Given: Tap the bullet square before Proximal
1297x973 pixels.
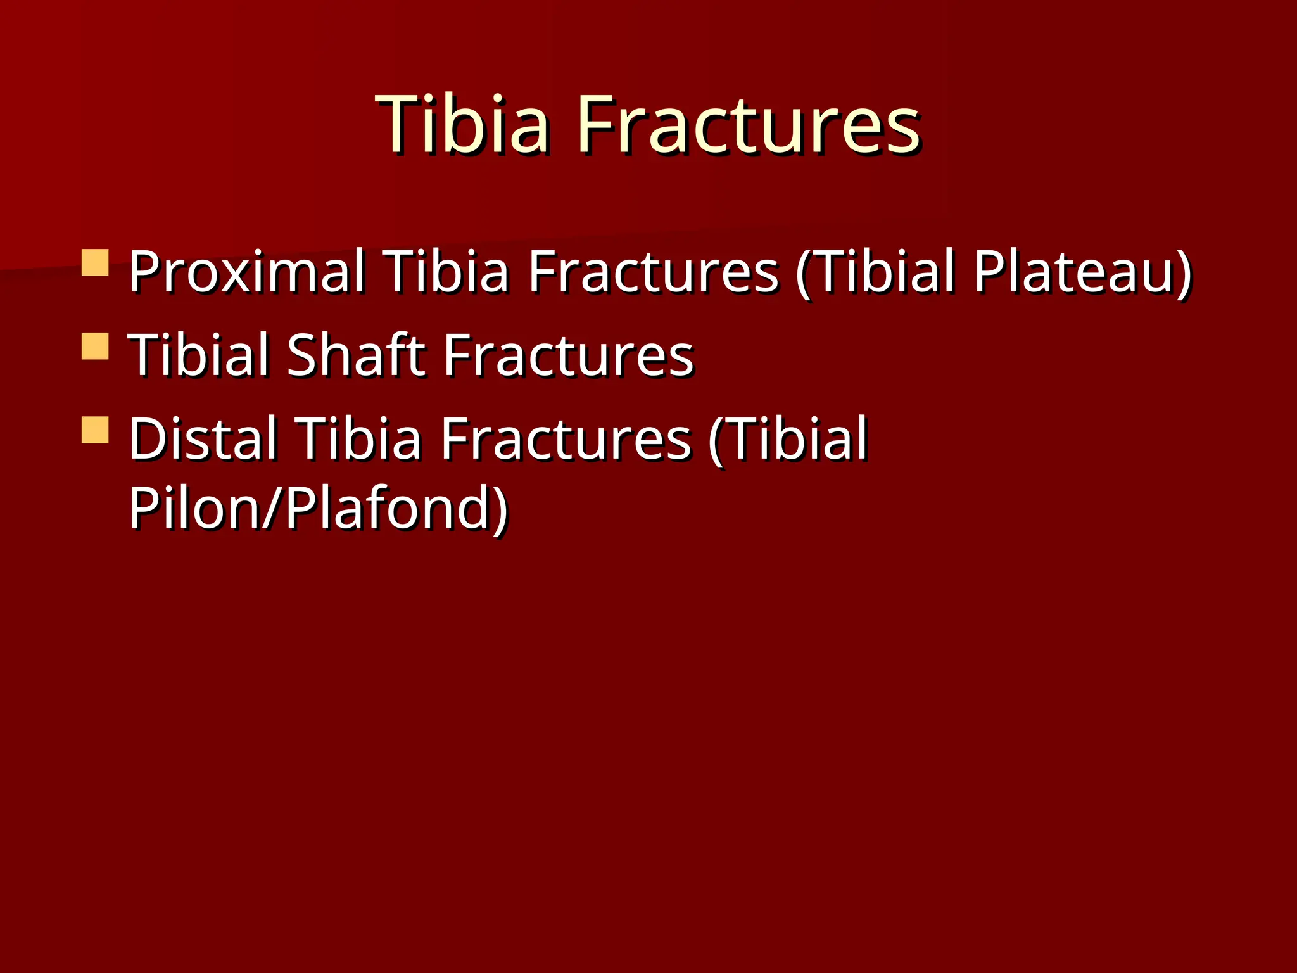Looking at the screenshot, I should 95,262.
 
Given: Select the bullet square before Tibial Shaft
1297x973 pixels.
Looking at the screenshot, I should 95,346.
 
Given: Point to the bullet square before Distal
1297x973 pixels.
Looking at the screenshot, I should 95,429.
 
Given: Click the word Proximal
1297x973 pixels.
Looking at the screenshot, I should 247,272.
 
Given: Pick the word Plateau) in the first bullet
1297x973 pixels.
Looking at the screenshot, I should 1083,272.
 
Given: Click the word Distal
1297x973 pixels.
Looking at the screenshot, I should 203,438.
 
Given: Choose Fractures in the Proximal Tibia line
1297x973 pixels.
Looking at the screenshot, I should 653,272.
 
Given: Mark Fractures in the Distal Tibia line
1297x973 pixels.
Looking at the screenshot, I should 566,438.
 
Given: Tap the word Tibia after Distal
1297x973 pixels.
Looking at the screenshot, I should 360,438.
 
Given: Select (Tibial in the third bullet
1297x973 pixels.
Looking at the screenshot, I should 788,438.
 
